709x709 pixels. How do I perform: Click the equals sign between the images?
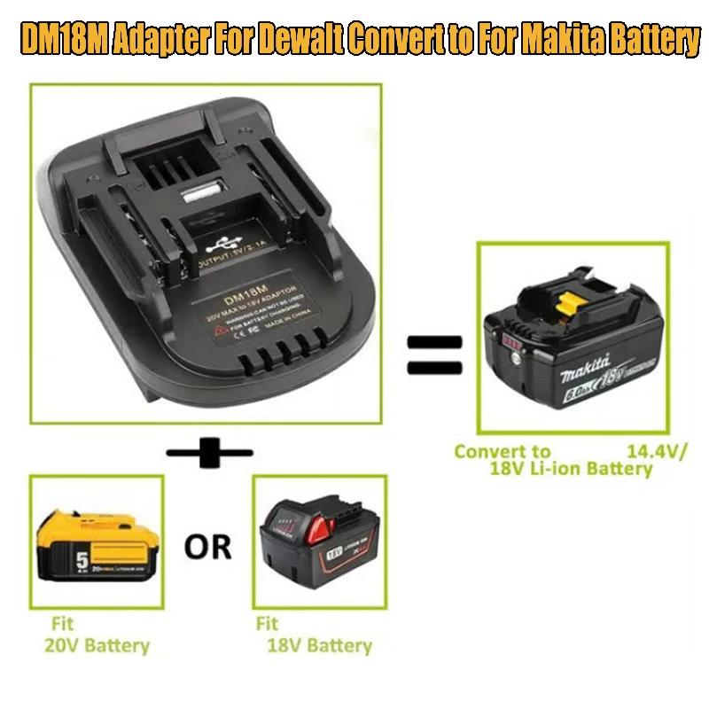[x=434, y=354]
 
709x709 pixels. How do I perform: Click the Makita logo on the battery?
[x=585, y=367]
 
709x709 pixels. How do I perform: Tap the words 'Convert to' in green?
[x=503, y=451]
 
